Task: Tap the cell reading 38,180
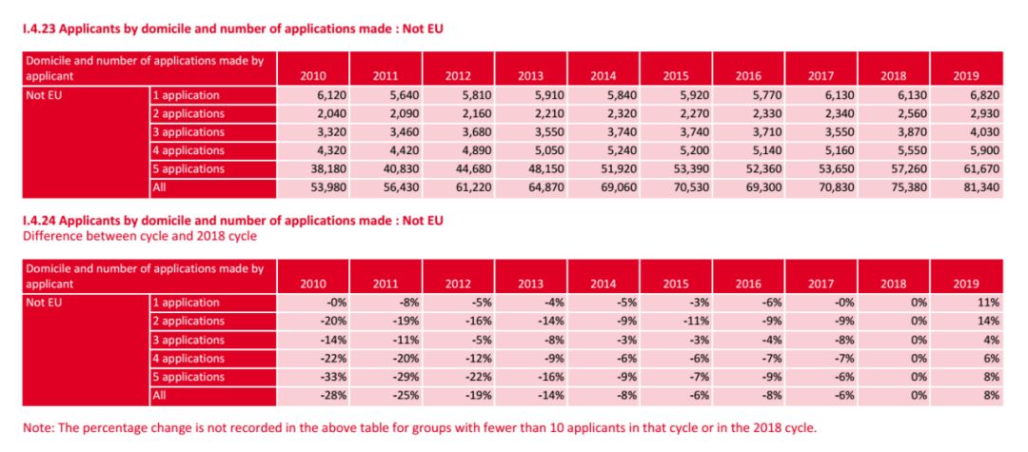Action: coord(321,169)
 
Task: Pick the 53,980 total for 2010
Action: coord(321,187)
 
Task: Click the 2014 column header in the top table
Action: coord(603,76)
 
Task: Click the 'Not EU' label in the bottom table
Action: coord(43,303)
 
